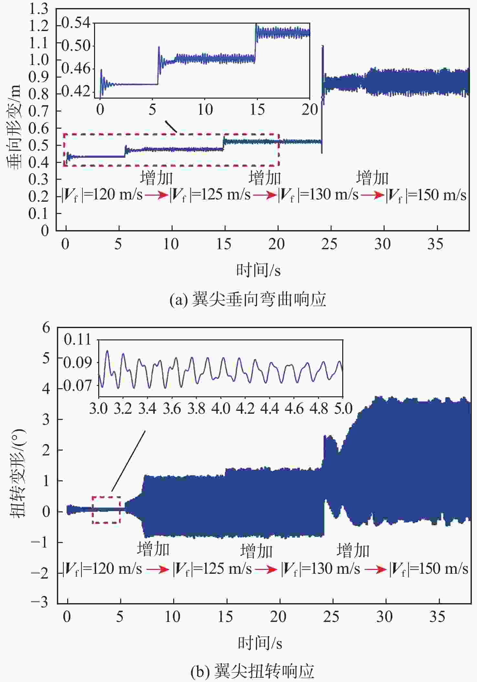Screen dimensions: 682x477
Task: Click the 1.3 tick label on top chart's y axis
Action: click(38, 9)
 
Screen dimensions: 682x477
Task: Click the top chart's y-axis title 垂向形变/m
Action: click(15, 126)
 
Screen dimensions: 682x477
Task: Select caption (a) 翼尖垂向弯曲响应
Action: click(248, 299)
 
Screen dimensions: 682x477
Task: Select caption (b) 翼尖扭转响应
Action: click(252, 671)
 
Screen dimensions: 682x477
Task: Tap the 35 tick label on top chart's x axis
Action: click(435, 244)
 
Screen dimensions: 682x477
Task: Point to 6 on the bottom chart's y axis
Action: click(46, 328)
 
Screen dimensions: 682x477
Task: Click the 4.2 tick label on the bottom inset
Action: click(245, 409)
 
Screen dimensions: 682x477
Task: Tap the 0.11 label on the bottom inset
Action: click(78, 340)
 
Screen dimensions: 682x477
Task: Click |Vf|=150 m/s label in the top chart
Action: click(426, 195)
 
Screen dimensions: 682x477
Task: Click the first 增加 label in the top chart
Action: click(156, 178)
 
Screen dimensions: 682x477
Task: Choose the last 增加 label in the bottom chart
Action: click(353, 550)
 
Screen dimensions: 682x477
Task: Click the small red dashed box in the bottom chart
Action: click(106, 510)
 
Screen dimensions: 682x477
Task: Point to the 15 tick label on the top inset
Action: click(257, 110)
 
